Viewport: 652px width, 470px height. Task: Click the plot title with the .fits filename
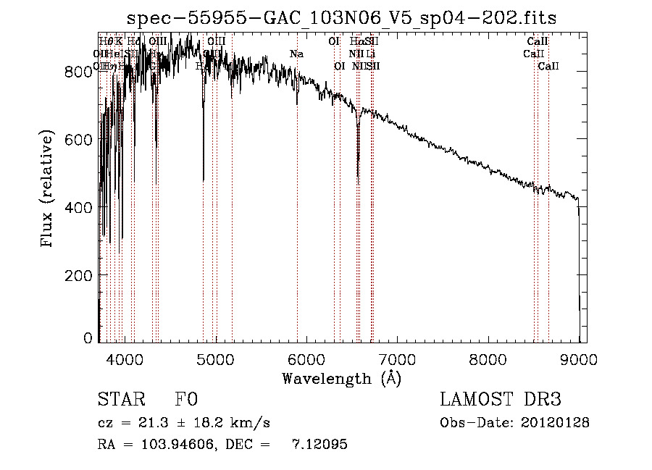coord(342,18)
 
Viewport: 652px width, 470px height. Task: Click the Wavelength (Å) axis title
coord(341,378)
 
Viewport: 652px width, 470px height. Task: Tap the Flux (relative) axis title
coord(49,190)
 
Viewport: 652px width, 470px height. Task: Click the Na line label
coord(296,54)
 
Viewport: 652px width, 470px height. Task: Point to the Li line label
coord(370,54)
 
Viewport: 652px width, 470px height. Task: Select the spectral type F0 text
coord(185,400)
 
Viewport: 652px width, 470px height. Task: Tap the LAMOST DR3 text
coord(500,400)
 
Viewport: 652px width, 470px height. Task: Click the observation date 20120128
coord(556,423)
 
